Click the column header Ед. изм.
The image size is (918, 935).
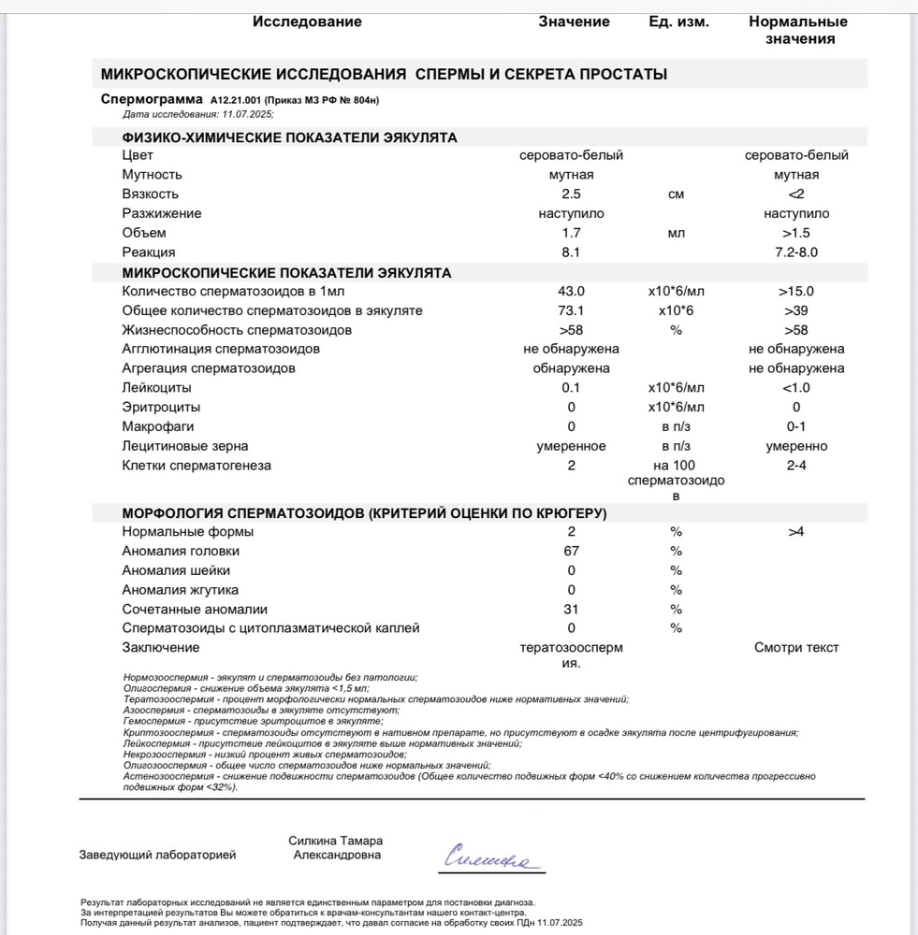coord(678,22)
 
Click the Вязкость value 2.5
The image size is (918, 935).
coord(571,194)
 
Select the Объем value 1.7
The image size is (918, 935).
coord(571,233)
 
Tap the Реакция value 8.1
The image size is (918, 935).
coord(571,252)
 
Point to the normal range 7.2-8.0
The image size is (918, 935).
coord(796,252)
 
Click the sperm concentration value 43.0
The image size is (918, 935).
coord(571,292)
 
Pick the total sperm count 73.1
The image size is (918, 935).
coord(571,310)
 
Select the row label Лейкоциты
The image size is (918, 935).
coord(156,388)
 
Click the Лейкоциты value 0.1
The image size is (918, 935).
coord(571,388)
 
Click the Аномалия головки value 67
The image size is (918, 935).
coord(571,551)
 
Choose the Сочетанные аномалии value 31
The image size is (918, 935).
coord(571,610)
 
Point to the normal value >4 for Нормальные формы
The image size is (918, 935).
coord(796,532)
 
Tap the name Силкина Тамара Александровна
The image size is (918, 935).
coord(337,848)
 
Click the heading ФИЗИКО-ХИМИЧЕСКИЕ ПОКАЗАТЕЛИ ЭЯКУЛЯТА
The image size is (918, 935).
coord(290,137)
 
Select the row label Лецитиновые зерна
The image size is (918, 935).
coord(185,446)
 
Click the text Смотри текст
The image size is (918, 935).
coord(796,648)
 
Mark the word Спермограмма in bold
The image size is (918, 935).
coord(151,98)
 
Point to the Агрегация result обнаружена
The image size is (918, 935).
coord(571,368)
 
